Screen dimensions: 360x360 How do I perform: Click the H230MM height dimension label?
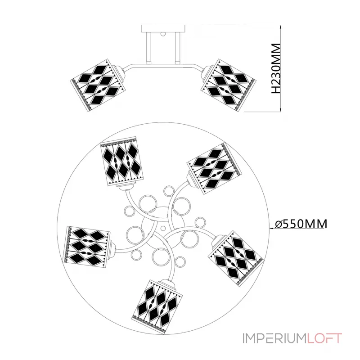[x=276, y=68]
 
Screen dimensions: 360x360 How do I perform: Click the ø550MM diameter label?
[x=301, y=224]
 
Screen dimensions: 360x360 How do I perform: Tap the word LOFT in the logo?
[x=324, y=338]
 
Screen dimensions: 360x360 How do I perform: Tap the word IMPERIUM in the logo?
[x=274, y=338]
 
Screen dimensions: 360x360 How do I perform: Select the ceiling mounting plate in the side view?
[x=163, y=28]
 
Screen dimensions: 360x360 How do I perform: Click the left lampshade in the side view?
[x=98, y=85]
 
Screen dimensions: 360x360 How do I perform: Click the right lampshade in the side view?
[x=229, y=85]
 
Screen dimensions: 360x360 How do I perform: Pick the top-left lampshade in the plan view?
[x=121, y=162]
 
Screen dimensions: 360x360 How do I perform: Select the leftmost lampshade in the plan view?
[x=87, y=247]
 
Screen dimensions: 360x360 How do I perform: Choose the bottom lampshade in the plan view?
[x=157, y=306]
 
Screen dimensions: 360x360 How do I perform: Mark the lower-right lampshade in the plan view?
[x=235, y=258]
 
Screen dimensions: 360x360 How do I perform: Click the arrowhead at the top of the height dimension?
[x=280, y=27]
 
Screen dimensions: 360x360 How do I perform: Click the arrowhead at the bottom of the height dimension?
[x=280, y=109]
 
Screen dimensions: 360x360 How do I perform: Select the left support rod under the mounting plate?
[x=148, y=48]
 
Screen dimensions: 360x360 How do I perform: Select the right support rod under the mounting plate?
[x=177, y=48]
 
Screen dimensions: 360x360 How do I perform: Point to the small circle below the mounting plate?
[x=163, y=34]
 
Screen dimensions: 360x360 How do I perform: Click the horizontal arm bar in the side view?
[x=163, y=65]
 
